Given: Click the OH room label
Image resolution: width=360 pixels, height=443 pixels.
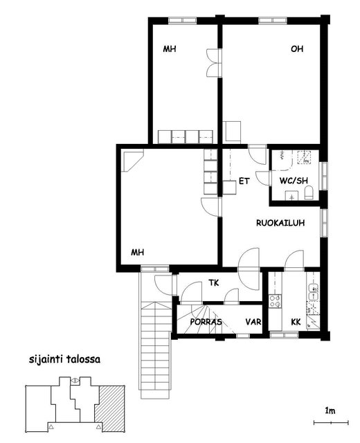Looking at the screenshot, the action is tap(297, 49).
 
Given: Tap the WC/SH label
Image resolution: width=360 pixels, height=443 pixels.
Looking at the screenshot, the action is tap(294, 181).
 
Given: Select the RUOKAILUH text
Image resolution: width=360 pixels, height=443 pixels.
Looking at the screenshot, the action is tap(280, 223).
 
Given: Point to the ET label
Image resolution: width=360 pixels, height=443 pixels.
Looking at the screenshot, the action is tap(244, 181).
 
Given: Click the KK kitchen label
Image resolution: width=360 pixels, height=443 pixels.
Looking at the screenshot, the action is tap(296, 322).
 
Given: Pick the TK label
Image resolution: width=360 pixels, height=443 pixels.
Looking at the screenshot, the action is tap(214, 282).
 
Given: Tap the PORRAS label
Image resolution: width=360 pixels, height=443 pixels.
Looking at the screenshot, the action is tap(206, 322).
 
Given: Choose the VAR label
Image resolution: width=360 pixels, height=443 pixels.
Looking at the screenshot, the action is tap(253, 322).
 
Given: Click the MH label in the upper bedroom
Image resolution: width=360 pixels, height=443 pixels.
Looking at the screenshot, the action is tap(170, 49).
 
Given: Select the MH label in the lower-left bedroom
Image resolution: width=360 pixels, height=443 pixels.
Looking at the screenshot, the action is tap(137, 252).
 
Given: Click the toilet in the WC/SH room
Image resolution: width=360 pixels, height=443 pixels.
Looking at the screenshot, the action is tap(309, 193).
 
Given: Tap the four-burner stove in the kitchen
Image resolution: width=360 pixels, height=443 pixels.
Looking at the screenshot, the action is tap(275, 301).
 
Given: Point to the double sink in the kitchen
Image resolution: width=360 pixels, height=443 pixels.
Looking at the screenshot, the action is tap(314, 292).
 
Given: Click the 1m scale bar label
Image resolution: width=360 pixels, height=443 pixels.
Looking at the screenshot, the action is tap(330, 410).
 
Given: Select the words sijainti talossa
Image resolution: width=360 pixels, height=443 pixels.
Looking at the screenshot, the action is tap(64, 360).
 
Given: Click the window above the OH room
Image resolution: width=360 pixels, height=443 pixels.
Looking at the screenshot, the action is tap(272, 20).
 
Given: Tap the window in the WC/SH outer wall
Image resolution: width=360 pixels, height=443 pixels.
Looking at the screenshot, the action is tap(324, 176).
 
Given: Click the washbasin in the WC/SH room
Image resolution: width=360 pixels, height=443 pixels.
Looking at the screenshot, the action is tap(291, 195).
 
